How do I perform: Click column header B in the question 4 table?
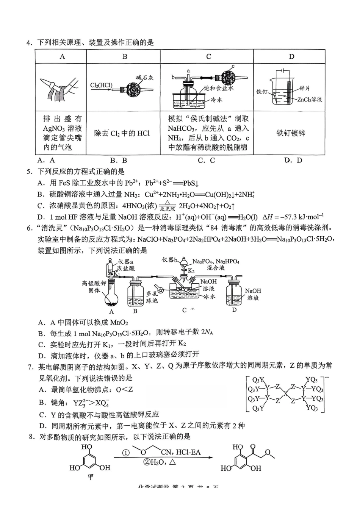click(x=125, y=57)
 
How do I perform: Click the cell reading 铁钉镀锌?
click(x=291, y=133)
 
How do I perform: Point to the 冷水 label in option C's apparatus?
click(x=216, y=100)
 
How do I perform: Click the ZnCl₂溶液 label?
click(x=310, y=100)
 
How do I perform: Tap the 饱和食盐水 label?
click(x=219, y=88)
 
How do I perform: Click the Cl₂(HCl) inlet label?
click(x=101, y=85)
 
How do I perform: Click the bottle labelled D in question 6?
click(x=235, y=295)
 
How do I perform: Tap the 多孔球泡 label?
click(x=152, y=297)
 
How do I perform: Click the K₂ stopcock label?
click(x=191, y=271)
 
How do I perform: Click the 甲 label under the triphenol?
click(x=91, y=477)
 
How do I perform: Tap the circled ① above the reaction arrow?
click(x=126, y=453)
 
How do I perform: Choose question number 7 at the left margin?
click(x=31, y=366)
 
